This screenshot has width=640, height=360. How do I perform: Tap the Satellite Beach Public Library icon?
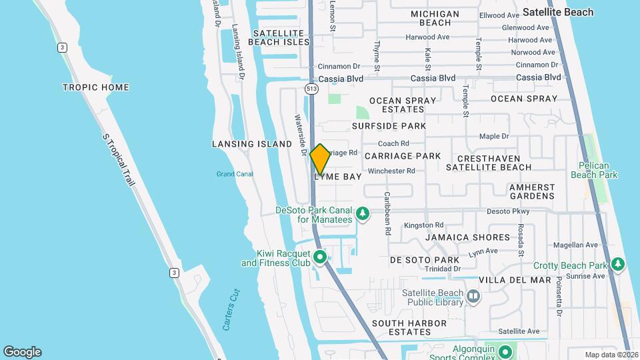pos(473,295)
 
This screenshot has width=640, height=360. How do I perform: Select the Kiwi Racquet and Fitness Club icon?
pos(320,256)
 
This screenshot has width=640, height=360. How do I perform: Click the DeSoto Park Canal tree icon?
pos(362,214)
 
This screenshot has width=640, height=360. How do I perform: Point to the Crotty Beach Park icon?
pos(618,265)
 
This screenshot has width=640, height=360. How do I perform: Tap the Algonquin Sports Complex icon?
pos(505,351)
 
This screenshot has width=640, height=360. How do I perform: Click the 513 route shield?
pos(311,89)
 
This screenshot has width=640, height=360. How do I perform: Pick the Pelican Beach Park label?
pos(594,170)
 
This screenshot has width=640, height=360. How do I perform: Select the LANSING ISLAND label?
pos(252,144)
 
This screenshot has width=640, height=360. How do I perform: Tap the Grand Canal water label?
pos(235,175)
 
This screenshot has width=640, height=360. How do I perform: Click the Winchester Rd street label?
pos(391,171)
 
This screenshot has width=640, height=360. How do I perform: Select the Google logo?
pos(22,352)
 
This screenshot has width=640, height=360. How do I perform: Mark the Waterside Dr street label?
pos(300,135)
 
